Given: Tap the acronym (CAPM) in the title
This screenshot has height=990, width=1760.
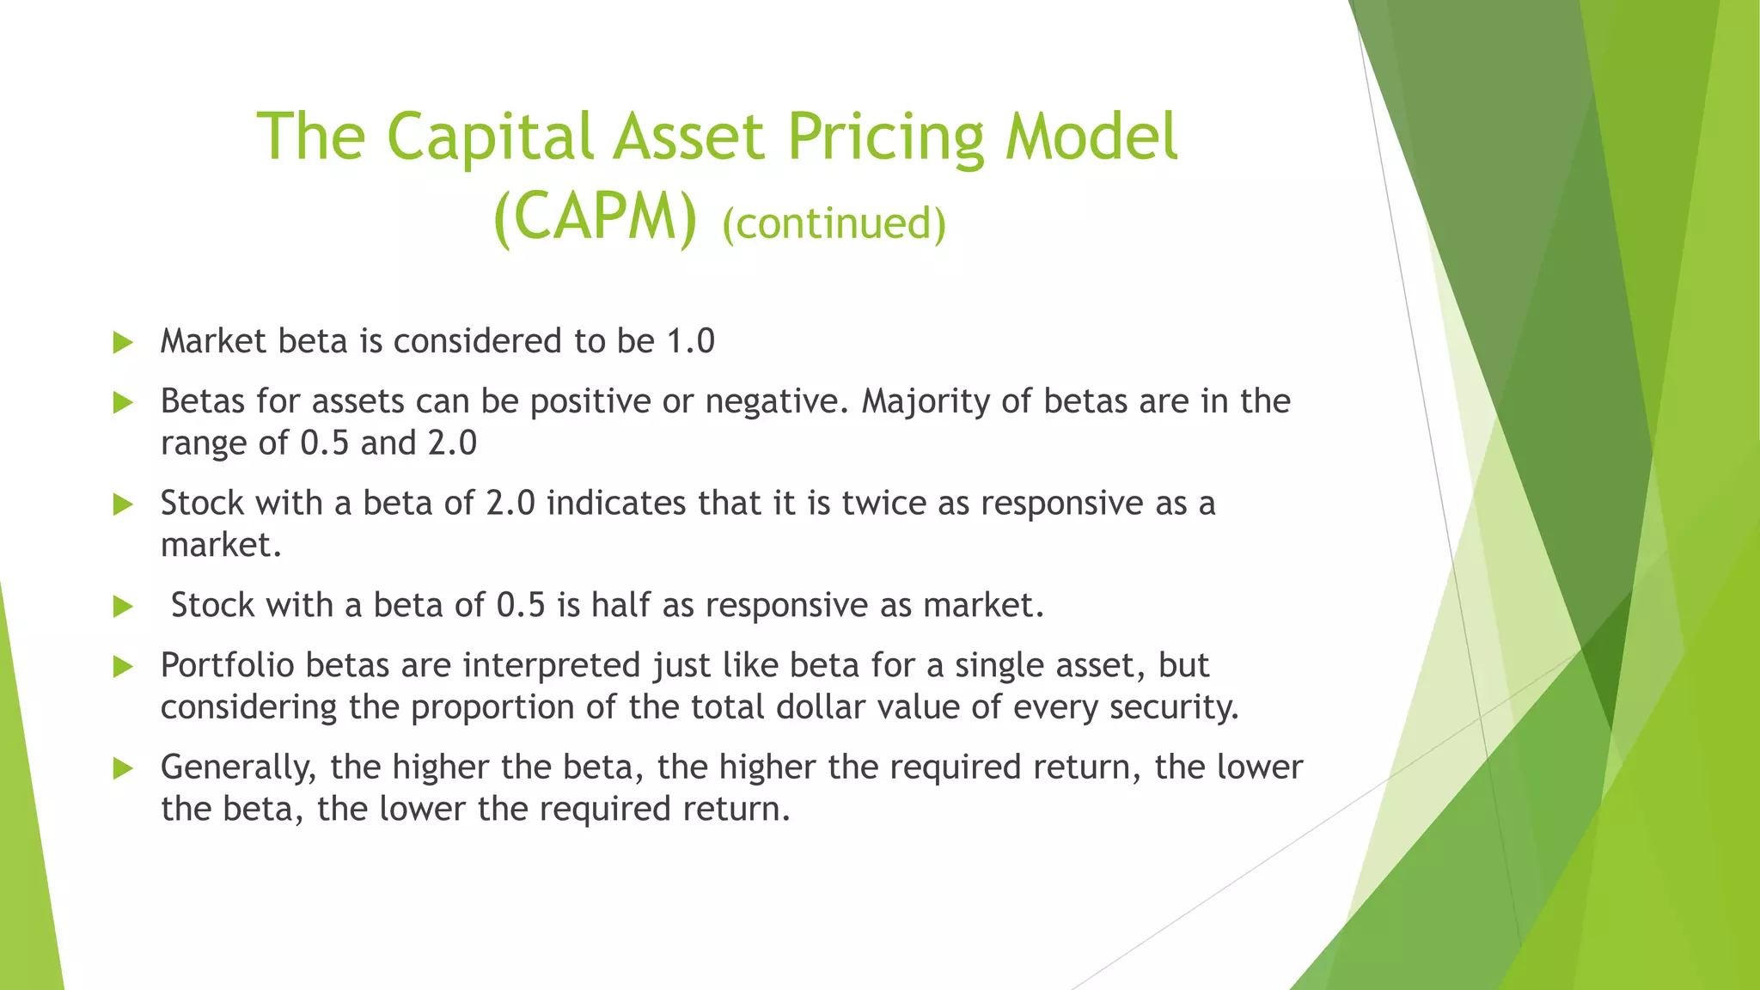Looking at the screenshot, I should [595, 218].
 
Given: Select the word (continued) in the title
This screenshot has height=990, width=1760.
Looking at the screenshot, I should [834, 223].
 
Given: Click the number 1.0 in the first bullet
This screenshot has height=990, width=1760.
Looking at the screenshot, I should [691, 342].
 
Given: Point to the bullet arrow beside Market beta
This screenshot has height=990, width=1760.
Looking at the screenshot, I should [123, 343].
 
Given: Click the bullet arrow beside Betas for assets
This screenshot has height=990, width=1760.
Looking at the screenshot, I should [123, 403].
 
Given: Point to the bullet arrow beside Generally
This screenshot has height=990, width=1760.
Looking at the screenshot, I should [123, 768].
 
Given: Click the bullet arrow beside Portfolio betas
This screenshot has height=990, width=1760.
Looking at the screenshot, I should [123, 667].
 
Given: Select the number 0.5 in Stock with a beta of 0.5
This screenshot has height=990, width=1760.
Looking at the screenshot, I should [521, 606].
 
